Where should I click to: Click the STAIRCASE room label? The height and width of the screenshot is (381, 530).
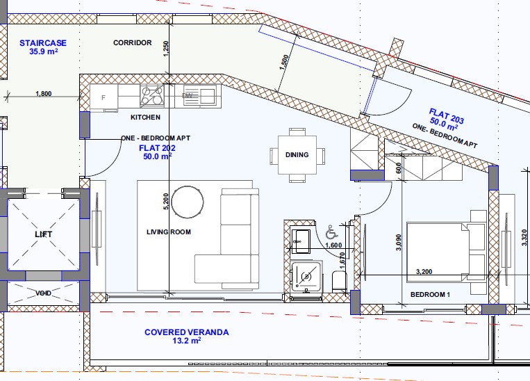43,43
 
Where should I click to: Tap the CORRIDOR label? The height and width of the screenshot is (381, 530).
133,42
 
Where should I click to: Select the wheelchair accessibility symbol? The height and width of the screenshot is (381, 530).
331,232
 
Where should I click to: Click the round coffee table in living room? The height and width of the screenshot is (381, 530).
188,202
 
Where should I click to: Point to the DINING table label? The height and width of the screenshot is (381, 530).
297,155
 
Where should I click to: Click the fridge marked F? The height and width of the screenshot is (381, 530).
103,97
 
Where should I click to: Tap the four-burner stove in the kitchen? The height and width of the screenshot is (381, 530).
152,96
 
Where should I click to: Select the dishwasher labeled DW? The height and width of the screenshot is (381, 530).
187,96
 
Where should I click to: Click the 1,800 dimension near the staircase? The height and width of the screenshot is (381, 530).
44,94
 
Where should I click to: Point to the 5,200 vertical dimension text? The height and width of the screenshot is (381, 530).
165,202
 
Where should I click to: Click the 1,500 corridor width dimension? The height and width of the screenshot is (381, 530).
284,63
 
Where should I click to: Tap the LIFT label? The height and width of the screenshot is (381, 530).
44,234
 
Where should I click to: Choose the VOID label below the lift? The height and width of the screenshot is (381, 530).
44,293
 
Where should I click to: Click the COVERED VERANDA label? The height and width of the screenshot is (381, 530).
187,332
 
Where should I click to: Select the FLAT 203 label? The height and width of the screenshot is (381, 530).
447,116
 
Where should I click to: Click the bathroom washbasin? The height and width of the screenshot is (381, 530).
301,241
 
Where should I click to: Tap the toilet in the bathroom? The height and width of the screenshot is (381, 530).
340,281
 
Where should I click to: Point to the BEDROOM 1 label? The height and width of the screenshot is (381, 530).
430,295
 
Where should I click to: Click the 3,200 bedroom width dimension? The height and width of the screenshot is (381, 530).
424,271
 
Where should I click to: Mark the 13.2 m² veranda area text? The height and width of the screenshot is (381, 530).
187,341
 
